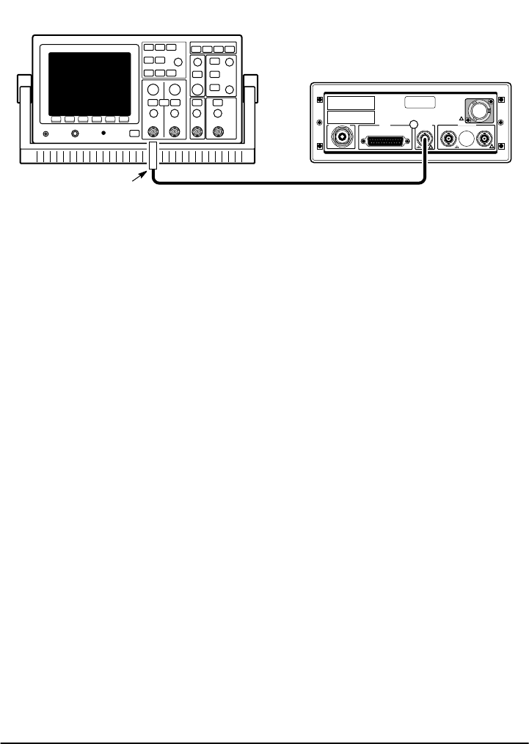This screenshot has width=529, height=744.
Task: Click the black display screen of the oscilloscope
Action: pyautogui.click(x=90, y=82)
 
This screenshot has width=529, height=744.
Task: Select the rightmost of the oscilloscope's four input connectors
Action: pyautogui.click(x=218, y=133)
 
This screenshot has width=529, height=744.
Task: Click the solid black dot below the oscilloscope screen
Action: pyautogui.click(x=103, y=134)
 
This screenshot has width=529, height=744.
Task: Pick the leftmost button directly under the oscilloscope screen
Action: pyautogui.click(x=55, y=119)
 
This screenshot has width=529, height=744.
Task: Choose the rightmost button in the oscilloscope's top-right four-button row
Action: pyautogui.click(x=230, y=49)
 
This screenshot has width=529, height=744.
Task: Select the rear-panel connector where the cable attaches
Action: pyautogui.click(x=424, y=137)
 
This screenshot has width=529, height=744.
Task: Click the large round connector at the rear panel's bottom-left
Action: pyautogui.click(x=340, y=137)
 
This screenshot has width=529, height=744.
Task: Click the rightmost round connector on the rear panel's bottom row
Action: pyautogui.click(x=483, y=138)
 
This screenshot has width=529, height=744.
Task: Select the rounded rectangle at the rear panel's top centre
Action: pyautogui.click(x=421, y=103)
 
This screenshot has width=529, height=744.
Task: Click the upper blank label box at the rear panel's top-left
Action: pyautogui.click(x=351, y=103)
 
